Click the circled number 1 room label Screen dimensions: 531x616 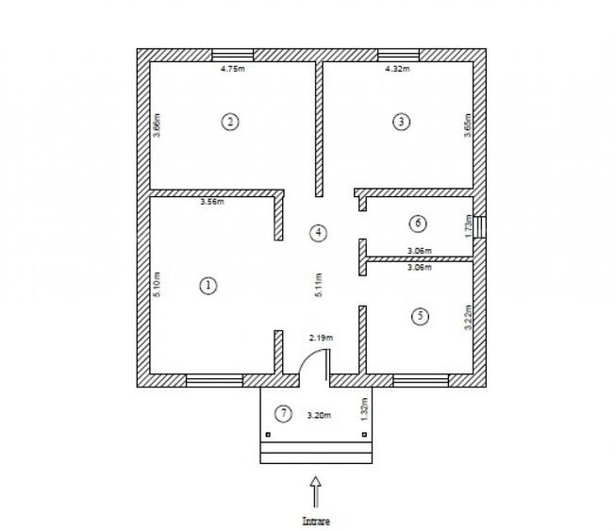(x=209, y=286)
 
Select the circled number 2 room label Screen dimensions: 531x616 (x=228, y=121)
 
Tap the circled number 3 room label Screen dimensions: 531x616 (x=402, y=121)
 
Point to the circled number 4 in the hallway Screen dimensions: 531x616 (x=320, y=232)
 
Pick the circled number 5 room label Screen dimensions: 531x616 (x=420, y=316)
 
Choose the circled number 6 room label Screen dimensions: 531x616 (x=419, y=224)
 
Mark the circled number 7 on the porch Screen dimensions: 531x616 (x=282, y=413)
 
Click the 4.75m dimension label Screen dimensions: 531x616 (x=232, y=68)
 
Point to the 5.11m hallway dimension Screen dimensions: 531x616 (x=319, y=287)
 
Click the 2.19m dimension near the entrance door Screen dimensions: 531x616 (x=322, y=337)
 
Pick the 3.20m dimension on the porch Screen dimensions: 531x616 (x=320, y=414)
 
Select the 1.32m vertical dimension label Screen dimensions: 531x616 (x=363, y=408)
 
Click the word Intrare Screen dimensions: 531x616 (x=316, y=521)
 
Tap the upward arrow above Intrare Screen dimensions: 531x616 (x=316, y=491)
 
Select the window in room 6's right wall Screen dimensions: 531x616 (x=480, y=227)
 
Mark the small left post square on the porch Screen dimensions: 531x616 (x=268, y=435)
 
